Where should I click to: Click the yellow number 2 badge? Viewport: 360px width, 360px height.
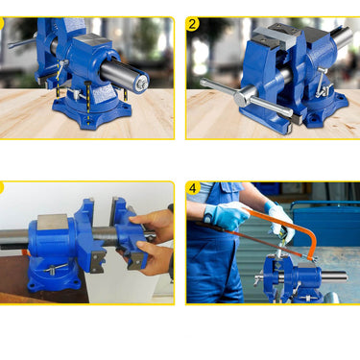tap(192, 24)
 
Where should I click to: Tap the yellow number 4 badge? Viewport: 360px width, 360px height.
tap(193, 188)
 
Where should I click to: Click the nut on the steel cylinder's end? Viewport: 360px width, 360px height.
tap(142, 84)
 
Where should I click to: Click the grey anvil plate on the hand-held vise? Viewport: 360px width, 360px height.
tap(53, 222)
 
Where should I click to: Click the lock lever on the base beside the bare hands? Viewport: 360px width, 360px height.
tap(55, 269)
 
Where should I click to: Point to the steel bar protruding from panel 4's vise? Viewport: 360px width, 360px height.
tap(334, 276)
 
